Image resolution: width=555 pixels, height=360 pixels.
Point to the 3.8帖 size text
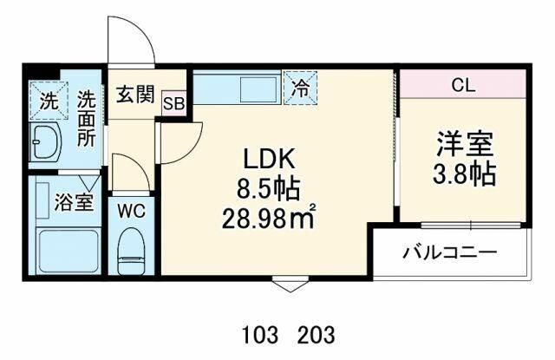tap(465, 173)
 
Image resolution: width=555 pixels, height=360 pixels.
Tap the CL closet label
tap(463, 86)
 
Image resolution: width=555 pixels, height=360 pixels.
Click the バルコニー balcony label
tap(449, 253)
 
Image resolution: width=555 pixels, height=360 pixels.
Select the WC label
tap(131, 210)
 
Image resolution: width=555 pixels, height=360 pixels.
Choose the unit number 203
tap(316, 334)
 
